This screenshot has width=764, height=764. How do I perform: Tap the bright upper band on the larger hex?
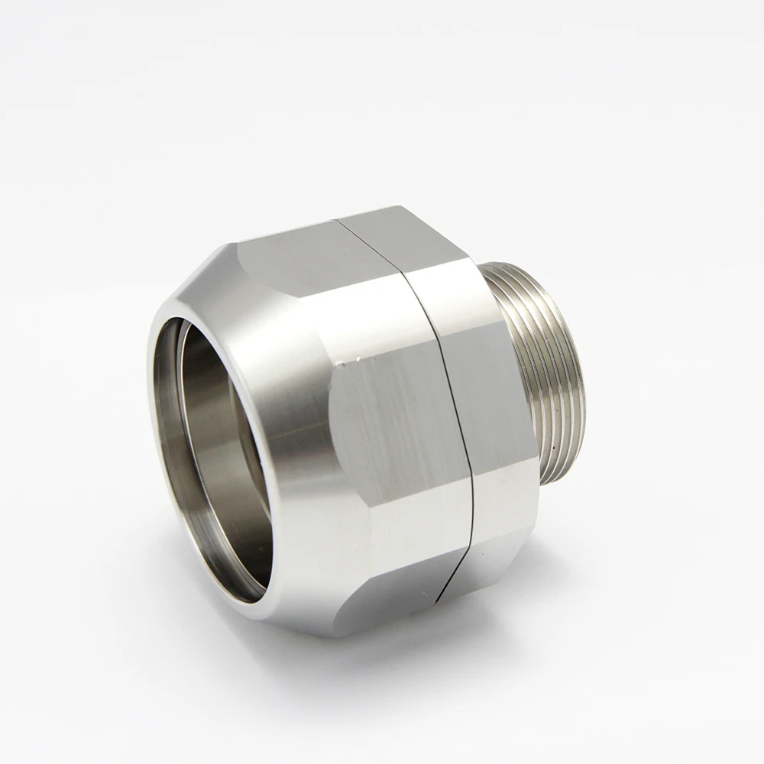(x=359, y=306)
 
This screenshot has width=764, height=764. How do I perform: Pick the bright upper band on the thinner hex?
(x=451, y=290)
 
